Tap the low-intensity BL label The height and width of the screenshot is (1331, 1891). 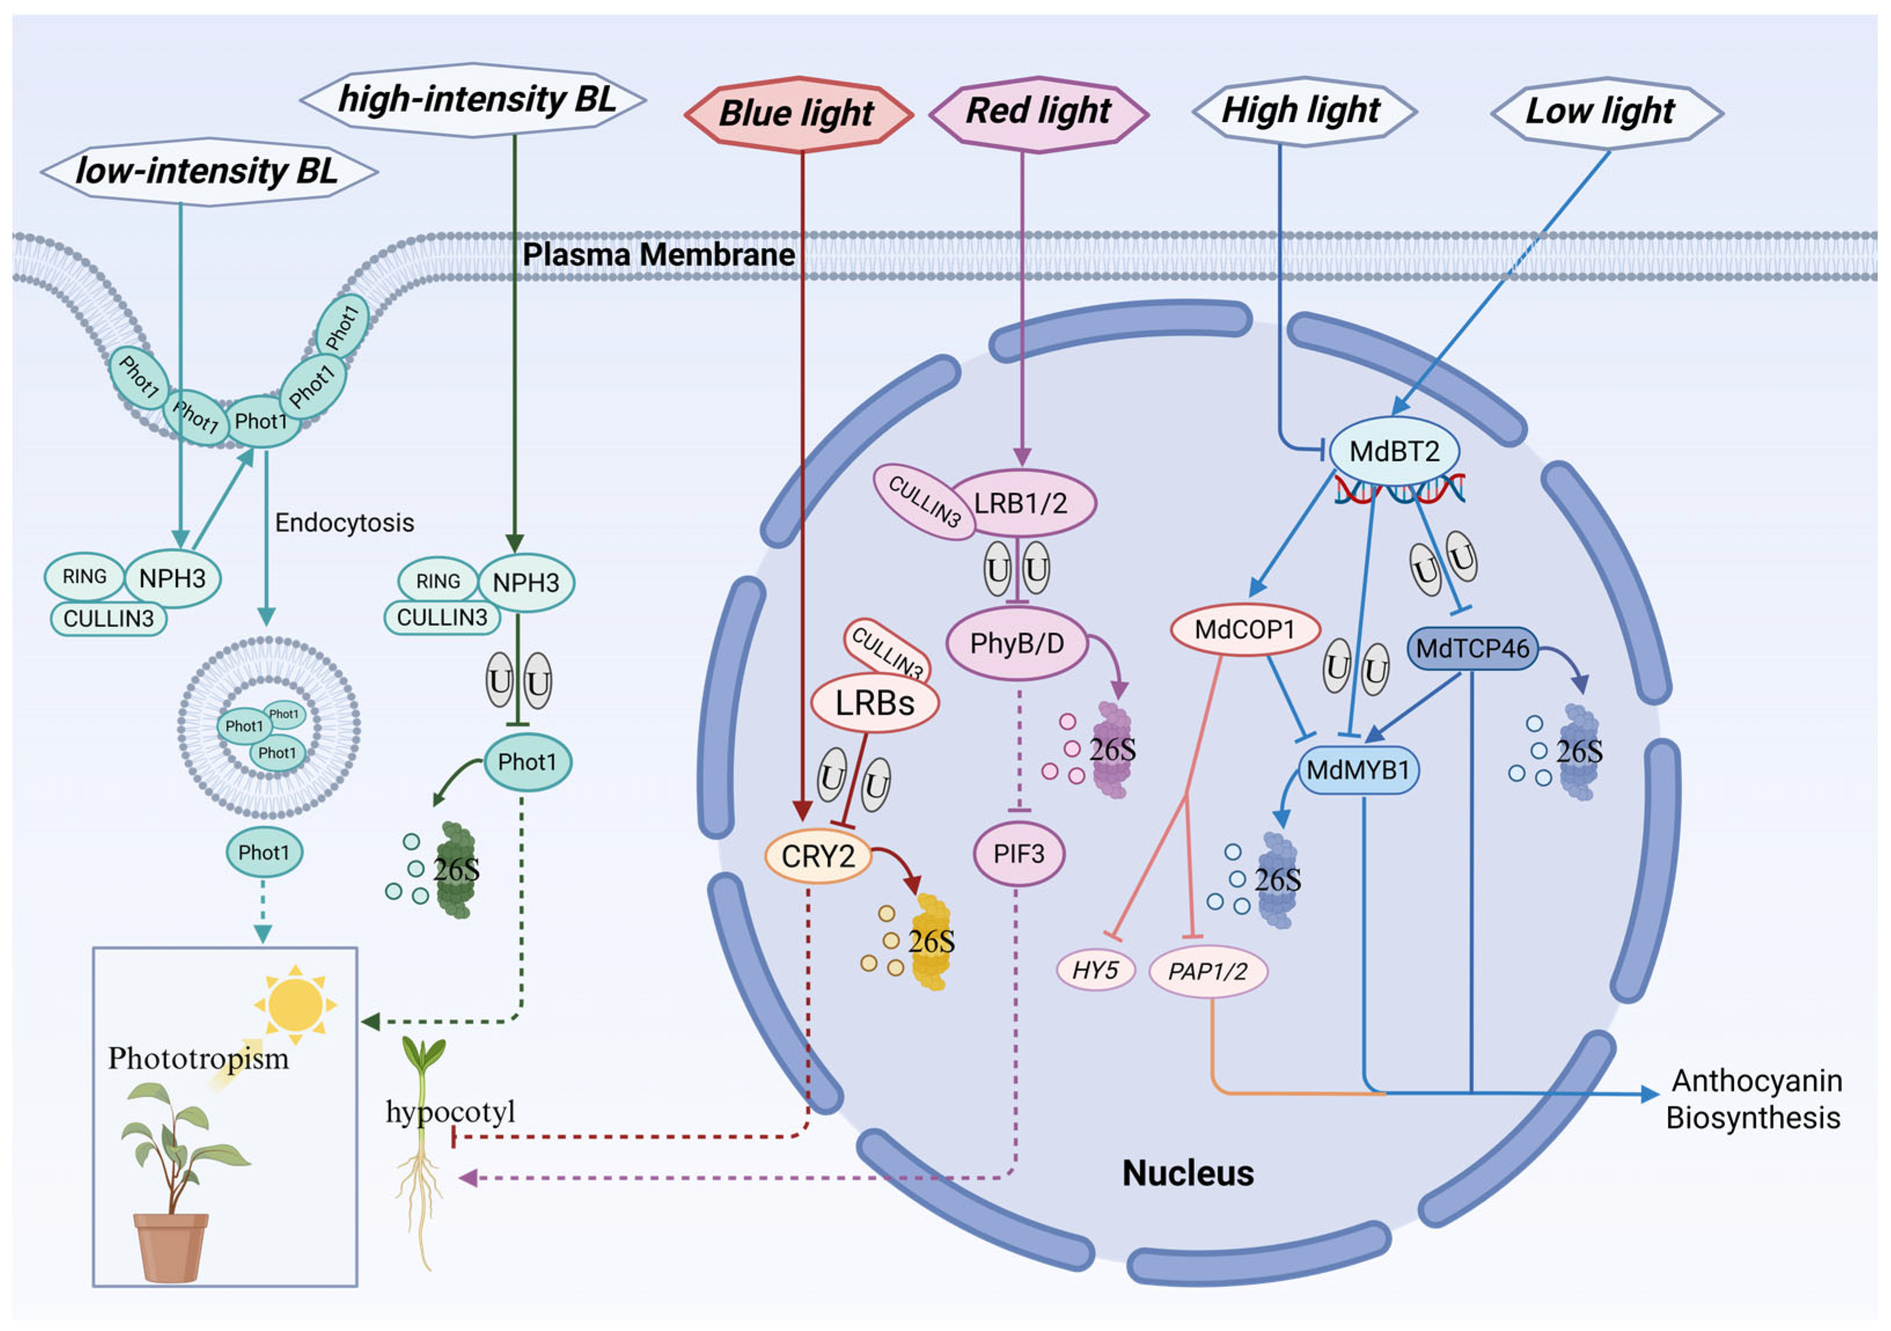click(x=208, y=171)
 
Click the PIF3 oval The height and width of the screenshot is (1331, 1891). click(x=1019, y=854)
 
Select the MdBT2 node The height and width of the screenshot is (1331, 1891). click(x=1394, y=451)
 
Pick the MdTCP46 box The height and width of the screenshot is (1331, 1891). click(x=1473, y=649)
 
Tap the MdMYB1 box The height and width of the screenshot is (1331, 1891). click(x=1358, y=770)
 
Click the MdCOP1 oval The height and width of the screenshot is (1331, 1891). click(x=1245, y=630)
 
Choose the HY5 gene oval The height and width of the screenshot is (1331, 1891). click(x=1095, y=970)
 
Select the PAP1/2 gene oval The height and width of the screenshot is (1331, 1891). click(x=1207, y=971)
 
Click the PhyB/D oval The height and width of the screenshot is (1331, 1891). click(x=1017, y=644)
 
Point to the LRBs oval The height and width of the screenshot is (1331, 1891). click(x=875, y=703)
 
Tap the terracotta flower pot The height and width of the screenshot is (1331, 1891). click(x=171, y=1247)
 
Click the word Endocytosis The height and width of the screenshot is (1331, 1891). click(x=344, y=523)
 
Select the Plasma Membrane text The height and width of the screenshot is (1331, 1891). click(x=659, y=255)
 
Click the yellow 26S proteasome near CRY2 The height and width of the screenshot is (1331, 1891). click(x=931, y=942)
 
